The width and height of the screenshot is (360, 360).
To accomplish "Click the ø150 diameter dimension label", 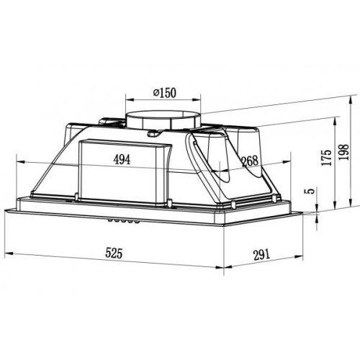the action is coord(165,93).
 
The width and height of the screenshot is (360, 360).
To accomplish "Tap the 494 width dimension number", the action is coord(122,160).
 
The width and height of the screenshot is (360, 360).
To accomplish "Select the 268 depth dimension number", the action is coord(250,161).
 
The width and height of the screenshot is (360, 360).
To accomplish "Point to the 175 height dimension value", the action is coord(326,158).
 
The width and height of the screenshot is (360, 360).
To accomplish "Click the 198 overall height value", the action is coord(343,153).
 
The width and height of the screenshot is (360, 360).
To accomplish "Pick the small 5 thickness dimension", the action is coord(310,191).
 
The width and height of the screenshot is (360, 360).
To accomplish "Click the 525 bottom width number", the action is coord(114,253).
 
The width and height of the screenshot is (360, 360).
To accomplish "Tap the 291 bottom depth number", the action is coord(261,255).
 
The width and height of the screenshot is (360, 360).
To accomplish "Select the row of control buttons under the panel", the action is coord(124,220).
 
